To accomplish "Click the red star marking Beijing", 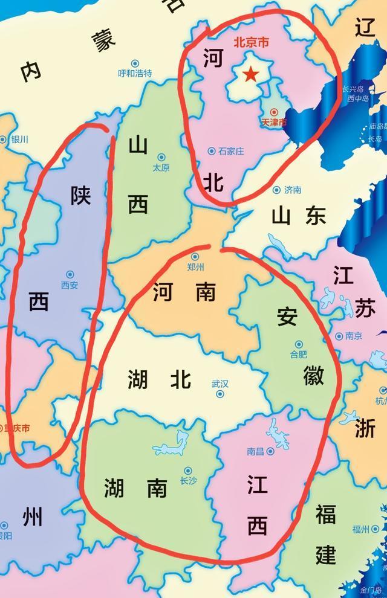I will click(x=250, y=74).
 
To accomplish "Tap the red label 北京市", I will click(x=250, y=43).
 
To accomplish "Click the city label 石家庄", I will click(x=231, y=150).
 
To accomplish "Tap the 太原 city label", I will click(x=161, y=167).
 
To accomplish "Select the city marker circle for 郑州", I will click(x=196, y=256).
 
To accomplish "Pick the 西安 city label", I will click(x=70, y=285).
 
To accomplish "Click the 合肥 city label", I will click(x=299, y=354).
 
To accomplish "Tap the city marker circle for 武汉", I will click(x=220, y=394).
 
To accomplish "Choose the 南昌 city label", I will click(x=256, y=451).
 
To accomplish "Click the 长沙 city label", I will click(x=188, y=481).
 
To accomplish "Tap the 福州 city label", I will click(x=361, y=530).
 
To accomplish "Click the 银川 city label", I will click(x=20, y=140).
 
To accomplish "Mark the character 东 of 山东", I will click(x=315, y=214).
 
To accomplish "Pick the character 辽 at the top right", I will click(x=366, y=28).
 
